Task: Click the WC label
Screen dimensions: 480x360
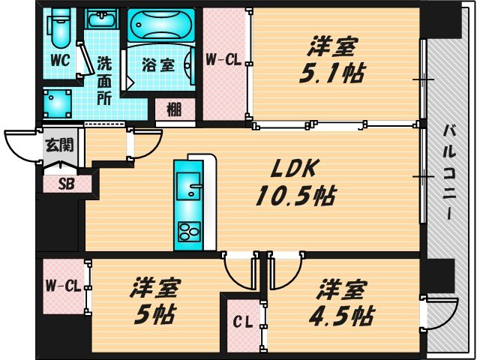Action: tap(61, 60)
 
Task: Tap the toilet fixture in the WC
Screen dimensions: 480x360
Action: tap(58, 27)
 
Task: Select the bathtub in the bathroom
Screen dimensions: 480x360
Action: tap(161, 25)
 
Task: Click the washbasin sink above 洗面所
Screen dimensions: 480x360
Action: tap(101, 19)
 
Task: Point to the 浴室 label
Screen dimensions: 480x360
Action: tap(157, 65)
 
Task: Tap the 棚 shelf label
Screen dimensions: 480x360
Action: tap(175, 109)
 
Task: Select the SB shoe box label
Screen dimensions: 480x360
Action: tap(67, 184)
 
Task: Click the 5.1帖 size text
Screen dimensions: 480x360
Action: tap(331, 73)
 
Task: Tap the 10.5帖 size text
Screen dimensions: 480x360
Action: tap(295, 196)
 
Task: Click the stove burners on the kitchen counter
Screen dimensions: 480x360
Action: tap(190, 232)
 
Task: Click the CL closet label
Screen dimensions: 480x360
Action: tap(242, 322)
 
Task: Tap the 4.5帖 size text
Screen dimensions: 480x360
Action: tap(340, 316)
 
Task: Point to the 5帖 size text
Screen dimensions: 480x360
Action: tap(154, 315)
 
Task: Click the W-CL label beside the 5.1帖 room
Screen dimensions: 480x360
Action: tap(223, 59)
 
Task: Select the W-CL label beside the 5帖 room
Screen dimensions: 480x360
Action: tap(63, 286)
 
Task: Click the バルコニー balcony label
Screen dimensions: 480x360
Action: tap(449, 172)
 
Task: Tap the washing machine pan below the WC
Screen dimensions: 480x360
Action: tap(57, 104)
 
